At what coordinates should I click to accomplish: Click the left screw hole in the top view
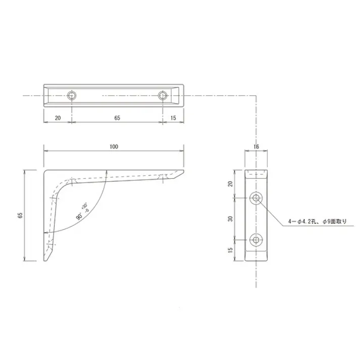pyautogui.click(x=72, y=95)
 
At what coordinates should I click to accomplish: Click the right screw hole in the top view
pyautogui.click(x=163, y=95)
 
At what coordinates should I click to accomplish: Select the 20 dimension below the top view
pyautogui.click(x=58, y=118)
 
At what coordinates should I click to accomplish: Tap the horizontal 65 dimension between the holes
pyautogui.click(x=117, y=118)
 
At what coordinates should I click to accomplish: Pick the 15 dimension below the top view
pyautogui.click(x=173, y=118)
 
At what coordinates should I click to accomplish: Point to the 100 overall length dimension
pyautogui.click(x=114, y=146)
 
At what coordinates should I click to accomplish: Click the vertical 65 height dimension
pyautogui.click(x=20, y=215)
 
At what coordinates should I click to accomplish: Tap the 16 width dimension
pyautogui.click(x=256, y=146)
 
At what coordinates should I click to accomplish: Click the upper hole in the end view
pyautogui.click(x=256, y=198)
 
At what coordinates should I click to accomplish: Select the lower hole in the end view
pyautogui.click(x=256, y=240)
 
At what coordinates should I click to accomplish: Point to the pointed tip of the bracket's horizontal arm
pyautogui.click(x=183, y=172)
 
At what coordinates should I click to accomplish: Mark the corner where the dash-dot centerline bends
pyautogui.click(x=256, y=95)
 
